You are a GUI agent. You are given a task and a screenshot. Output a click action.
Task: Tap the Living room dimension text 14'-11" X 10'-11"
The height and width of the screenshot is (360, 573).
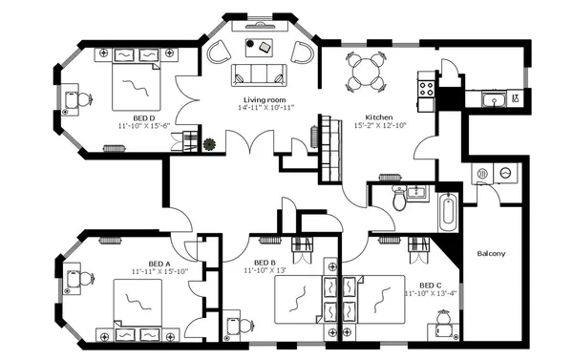pyautogui.click(x=266, y=108)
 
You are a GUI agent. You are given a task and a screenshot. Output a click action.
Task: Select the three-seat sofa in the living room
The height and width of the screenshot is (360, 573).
pyautogui.click(x=261, y=77)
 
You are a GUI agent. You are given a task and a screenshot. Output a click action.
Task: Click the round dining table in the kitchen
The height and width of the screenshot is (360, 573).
pyautogui.click(x=366, y=70)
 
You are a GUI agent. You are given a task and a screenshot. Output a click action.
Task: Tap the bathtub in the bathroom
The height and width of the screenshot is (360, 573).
pyautogui.click(x=449, y=212)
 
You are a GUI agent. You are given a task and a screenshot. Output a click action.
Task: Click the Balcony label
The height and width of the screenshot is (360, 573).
pyautogui.click(x=491, y=253)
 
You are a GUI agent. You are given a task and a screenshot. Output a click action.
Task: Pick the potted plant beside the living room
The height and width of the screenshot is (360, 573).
pyautogui.click(x=209, y=145)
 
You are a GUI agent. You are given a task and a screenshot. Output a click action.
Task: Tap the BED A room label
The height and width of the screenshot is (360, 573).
pyautogui.click(x=159, y=263)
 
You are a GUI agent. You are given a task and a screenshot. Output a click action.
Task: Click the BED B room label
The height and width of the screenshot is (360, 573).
pyautogui.click(x=265, y=263)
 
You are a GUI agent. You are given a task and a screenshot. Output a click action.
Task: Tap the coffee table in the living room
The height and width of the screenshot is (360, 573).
pyautogui.click(x=260, y=45)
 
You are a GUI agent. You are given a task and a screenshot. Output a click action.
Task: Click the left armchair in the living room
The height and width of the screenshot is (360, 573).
pyautogui.click(x=221, y=51)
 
